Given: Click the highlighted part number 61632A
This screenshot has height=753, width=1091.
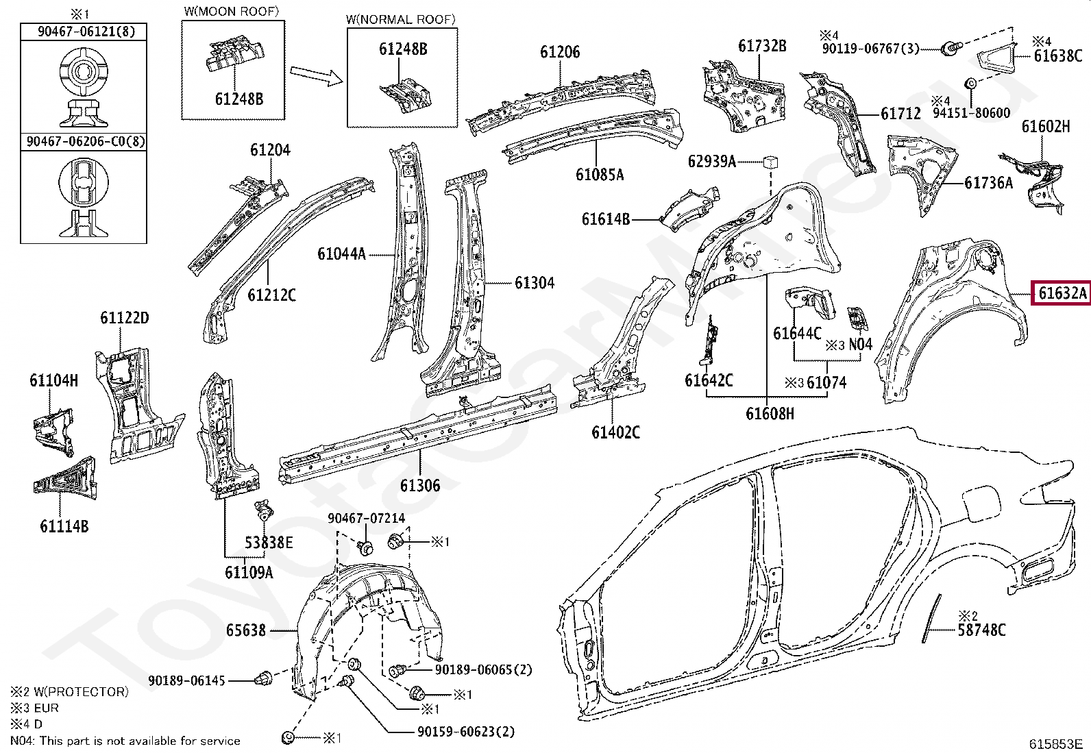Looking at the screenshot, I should pyautogui.click(x=1062, y=294).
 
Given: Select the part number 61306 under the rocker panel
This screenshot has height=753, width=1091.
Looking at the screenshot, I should pyautogui.click(x=420, y=486).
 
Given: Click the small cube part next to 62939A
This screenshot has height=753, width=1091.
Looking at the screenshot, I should pyautogui.click(x=770, y=162).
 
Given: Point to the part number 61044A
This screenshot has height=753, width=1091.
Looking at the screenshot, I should pyautogui.click(x=341, y=254).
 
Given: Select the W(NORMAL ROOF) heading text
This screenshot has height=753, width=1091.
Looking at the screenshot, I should pyautogui.click(x=401, y=20).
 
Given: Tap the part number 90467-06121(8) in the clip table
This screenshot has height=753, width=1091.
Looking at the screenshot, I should pyautogui.click(x=83, y=32).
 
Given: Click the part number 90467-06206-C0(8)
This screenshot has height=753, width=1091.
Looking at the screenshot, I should pyautogui.click(x=83, y=142).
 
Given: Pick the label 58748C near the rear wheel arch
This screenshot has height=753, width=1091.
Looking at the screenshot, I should pyautogui.click(x=981, y=629).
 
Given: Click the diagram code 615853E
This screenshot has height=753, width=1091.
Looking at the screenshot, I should pyautogui.click(x=1055, y=743).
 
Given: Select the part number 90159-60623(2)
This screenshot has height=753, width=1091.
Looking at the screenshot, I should pyautogui.click(x=465, y=732).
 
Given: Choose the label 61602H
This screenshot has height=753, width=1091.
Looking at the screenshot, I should pyautogui.click(x=1045, y=126).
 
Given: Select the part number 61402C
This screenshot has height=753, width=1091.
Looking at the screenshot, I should pyautogui.click(x=615, y=432).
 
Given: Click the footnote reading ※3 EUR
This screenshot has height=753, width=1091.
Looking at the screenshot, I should pyautogui.click(x=34, y=708).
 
